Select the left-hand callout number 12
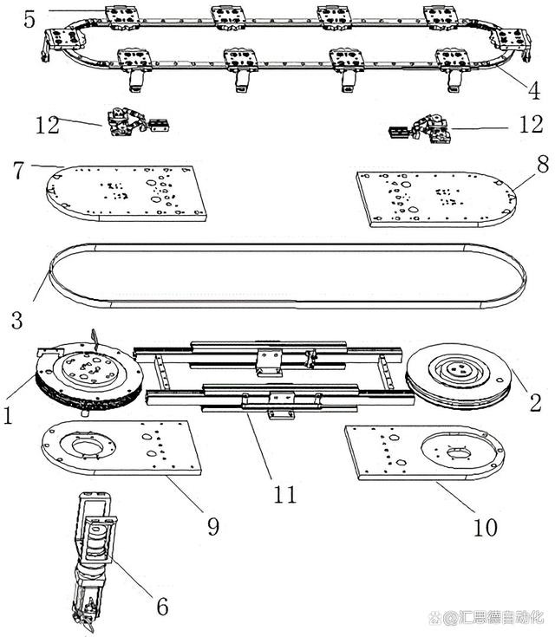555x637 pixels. coord(48,125)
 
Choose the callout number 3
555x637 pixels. coord(16,320)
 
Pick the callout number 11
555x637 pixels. coord(285,495)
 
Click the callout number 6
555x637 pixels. coord(162,607)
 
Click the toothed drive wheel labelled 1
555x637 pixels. coord(89,380)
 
